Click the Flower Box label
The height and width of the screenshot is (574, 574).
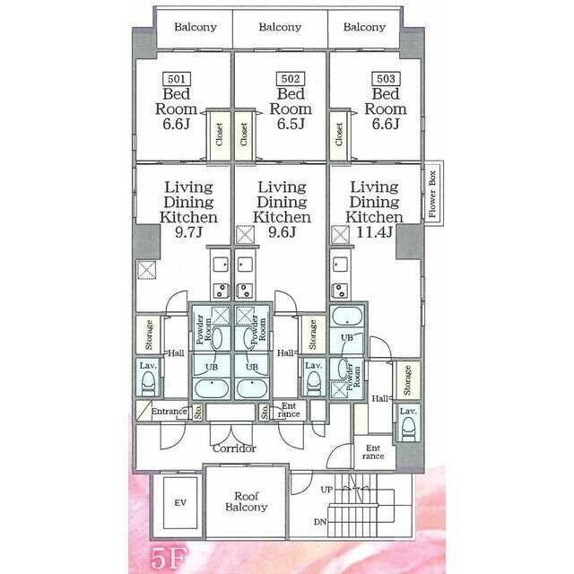pyautogui.click(x=431, y=198)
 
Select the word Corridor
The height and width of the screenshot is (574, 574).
pyautogui.click(x=235, y=448)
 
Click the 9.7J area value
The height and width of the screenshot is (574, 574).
pyautogui.click(x=188, y=232)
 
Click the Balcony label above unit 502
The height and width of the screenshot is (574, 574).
pyautogui.click(x=280, y=27)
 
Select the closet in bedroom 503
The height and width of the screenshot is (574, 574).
pyautogui.click(x=339, y=135)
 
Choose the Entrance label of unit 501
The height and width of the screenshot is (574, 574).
pyautogui.click(x=168, y=412)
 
